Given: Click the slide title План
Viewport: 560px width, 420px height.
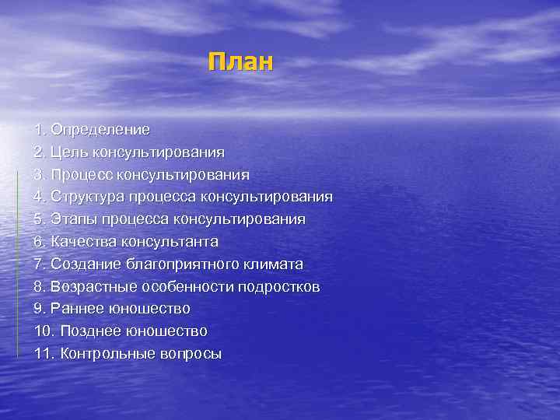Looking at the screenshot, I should (x=241, y=61).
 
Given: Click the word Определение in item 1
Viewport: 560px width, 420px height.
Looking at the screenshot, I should (x=100, y=128).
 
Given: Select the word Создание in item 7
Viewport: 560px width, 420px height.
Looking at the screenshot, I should (x=84, y=264).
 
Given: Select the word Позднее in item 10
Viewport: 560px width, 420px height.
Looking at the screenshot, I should (x=89, y=331).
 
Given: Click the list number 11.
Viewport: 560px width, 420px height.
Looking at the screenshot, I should (x=44, y=354).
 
